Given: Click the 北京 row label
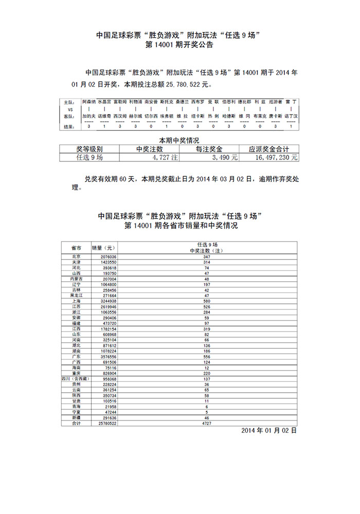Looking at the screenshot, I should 76,256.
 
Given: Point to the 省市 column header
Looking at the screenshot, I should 76,247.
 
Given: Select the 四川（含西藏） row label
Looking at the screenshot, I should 76,378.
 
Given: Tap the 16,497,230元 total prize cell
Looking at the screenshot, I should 269,158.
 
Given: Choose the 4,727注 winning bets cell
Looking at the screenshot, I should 149,158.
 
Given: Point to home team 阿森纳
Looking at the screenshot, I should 89,102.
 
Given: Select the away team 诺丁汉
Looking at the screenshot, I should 291,117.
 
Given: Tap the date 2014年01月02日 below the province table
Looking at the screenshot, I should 269,431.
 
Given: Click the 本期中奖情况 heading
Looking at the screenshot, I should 179,140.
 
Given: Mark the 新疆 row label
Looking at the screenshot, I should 76,417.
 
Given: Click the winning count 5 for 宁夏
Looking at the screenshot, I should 207,412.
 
